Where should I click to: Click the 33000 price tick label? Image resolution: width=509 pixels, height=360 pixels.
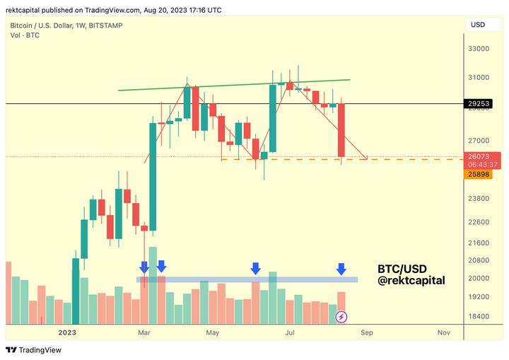[478, 49]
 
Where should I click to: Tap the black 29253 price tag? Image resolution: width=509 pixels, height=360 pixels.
[479, 103]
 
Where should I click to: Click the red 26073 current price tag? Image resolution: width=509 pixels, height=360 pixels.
[479, 156]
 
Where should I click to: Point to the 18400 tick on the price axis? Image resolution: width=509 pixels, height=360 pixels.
[478, 316]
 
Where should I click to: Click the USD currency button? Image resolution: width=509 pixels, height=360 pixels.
[478, 25]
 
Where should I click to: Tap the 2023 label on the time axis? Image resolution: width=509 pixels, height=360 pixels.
[67, 332]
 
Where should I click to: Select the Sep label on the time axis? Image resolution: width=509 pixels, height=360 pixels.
[366, 332]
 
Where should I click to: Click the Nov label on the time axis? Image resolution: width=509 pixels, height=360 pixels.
[444, 332]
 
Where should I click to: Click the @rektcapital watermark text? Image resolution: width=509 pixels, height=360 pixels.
[411, 281]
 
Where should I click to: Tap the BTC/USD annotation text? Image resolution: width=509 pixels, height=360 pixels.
[402, 269]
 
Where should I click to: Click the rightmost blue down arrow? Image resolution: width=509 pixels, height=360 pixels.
[341, 269]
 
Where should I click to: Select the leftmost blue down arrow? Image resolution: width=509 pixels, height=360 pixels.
[144, 267]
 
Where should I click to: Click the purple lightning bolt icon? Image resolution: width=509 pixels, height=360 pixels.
[341, 317]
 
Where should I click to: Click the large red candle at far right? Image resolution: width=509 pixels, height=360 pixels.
[341, 131]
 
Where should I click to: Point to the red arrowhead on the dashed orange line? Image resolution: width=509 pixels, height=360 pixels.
[365, 157]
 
